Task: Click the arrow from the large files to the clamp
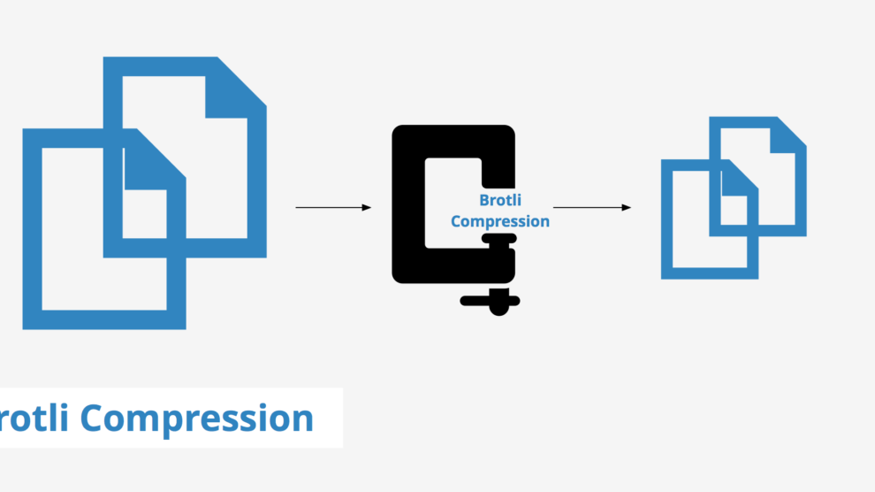[x=333, y=207]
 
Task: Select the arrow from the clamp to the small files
[x=591, y=207]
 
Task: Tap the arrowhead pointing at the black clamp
[x=367, y=207]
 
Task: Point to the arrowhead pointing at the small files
[x=626, y=207]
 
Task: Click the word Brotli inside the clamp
[x=500, y=200]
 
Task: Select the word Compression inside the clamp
[x=500, y=221]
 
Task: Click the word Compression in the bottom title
[x=196, y=419]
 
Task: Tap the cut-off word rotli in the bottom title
[x=34, y=417]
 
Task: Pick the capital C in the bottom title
[x=95, y=418]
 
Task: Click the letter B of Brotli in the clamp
[x=484, y=200]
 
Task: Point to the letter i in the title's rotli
[x=65, y=417]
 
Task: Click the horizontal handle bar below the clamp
[x=490, y=301]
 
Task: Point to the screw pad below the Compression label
[x=498, y=239]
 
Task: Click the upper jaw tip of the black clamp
[x=498, y=173]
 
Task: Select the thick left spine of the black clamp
[x=408, y=204]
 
